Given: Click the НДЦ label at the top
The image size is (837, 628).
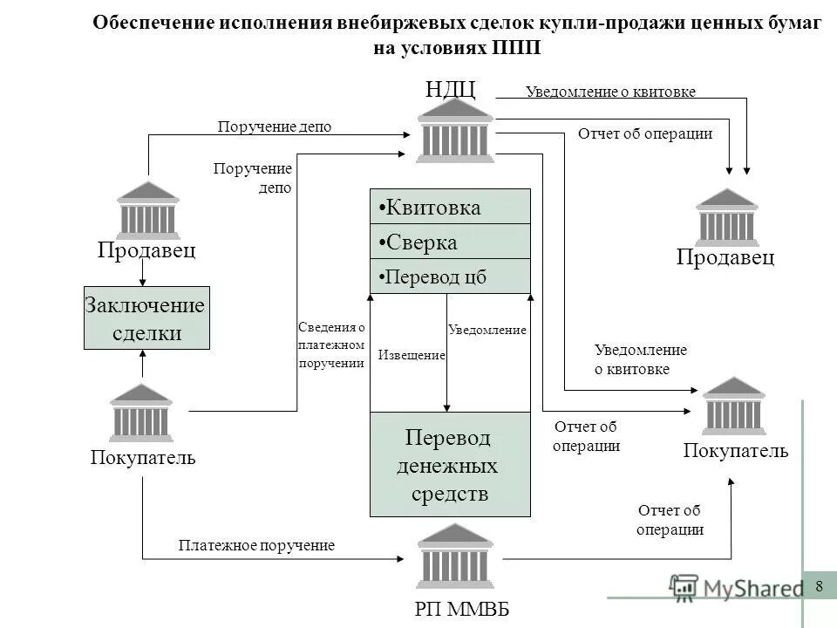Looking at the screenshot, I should pyautogui.click(x=451, y=89).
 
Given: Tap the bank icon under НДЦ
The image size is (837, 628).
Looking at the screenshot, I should pyautogui.click(x=455, y=132).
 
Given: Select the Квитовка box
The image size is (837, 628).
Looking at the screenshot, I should pyautogui.click(x=450, y=208).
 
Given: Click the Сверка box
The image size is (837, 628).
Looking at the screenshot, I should pyautogui.click(x=450, y=242).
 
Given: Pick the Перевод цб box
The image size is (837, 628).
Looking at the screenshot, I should pyautogui.click(x=450, y=276).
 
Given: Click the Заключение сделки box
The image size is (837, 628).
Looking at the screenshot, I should pyautogui.click(x=146, y=318).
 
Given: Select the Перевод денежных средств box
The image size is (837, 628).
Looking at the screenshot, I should pyautogui.click(x=450, y=465).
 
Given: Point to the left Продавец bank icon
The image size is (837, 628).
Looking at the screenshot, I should pyautogui.click(x=148, y=210).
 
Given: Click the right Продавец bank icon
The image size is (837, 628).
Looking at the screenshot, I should pyautogui.click(x=727, y=217).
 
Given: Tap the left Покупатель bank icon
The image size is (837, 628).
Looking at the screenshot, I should pyautogui.click(x=141, y=413).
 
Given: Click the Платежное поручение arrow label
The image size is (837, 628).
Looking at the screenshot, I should pyautogui.click(x=256, y=545).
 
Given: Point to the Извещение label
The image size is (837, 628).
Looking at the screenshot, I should pyautogui.click(x=412, y=355).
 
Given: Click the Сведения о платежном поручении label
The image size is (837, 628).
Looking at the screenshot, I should pyautogui.click(x=330, y=345).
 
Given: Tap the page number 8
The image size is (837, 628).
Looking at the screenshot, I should pyautogui.click(x=819, y=585).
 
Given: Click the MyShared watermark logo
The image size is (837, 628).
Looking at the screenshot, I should pyautogui.click(x=737, y=588).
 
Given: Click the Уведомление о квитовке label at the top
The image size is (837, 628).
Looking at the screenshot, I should pyautogui.click(x=610, y=92).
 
